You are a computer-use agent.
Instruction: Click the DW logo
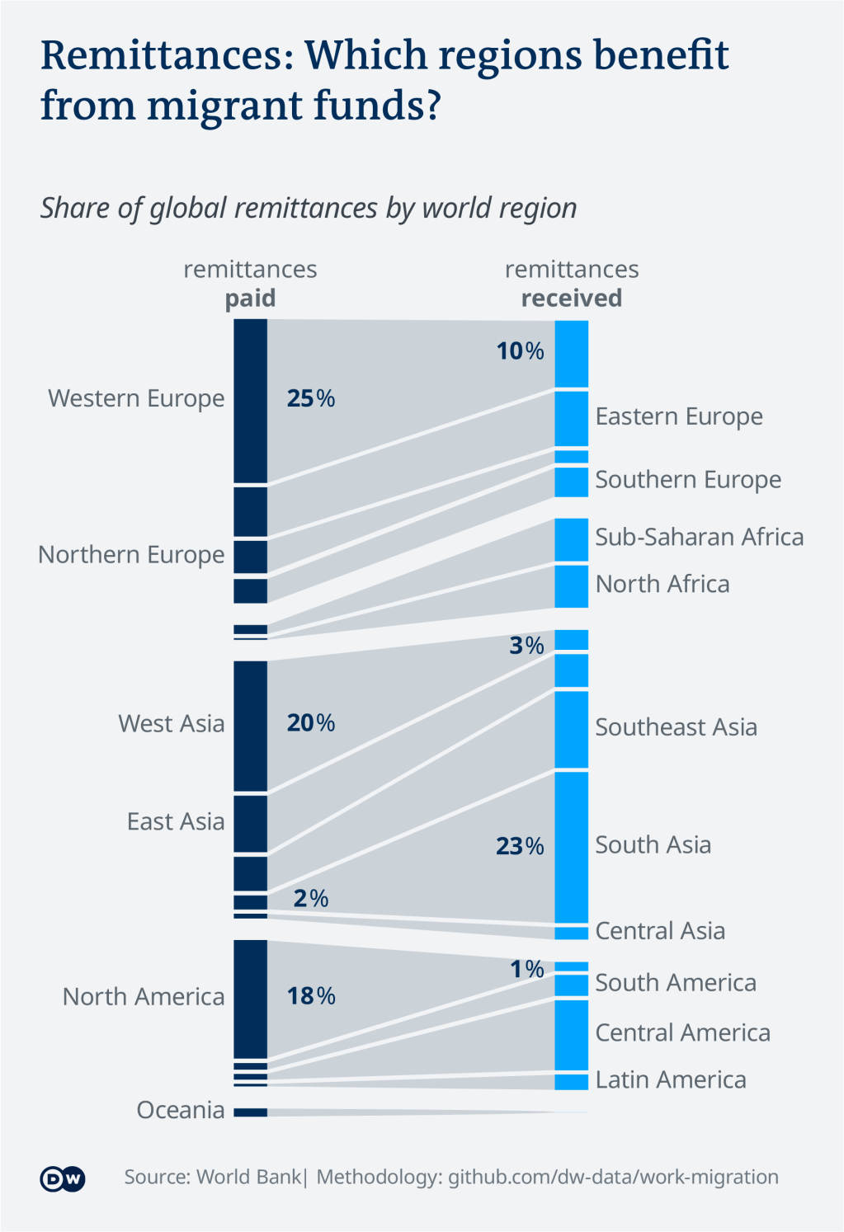coord(63,1178)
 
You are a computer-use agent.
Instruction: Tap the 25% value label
coord(311,399)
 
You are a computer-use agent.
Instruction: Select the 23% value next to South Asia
coord(520,846)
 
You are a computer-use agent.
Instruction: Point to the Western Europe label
coord(136,398)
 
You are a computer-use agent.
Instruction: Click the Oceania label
coord(181,1110)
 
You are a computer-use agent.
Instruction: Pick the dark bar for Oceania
coord(250,1112)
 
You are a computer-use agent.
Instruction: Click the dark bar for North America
coord(250,999)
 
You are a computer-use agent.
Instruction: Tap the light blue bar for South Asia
coord(571,847)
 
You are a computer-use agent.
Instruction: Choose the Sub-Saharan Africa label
coord(700,537)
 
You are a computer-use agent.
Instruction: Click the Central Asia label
coord(660,931)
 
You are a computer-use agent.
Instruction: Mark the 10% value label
coord(520,351)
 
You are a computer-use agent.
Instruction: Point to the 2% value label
coord(311,898)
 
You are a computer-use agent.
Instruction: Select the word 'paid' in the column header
coord(251,299)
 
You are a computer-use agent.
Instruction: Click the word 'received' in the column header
coord(572,299)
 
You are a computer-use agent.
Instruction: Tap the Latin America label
coord(671,1080)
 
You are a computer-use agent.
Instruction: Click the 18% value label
coord(311,996)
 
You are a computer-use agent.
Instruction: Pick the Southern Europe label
coord(688,480)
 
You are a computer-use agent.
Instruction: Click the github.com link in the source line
coord(613,1177)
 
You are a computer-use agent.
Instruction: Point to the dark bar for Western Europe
coord(250,401)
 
